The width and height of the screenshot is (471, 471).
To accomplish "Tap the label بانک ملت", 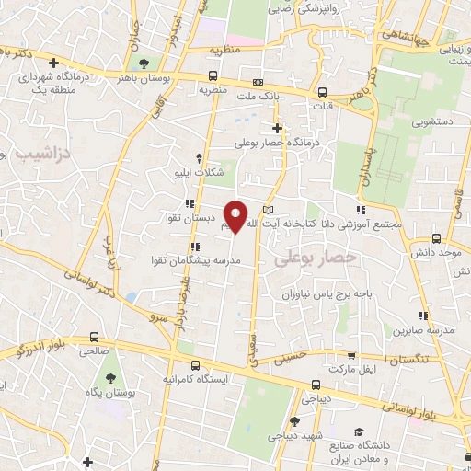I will pos(258,95).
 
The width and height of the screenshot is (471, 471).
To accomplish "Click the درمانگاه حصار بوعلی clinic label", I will pos(276,143).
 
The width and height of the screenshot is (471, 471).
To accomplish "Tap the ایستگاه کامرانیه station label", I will pos(195,378).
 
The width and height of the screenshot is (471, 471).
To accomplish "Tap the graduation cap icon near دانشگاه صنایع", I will pos(356,431).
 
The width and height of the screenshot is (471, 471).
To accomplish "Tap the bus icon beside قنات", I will pos(323,92).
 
